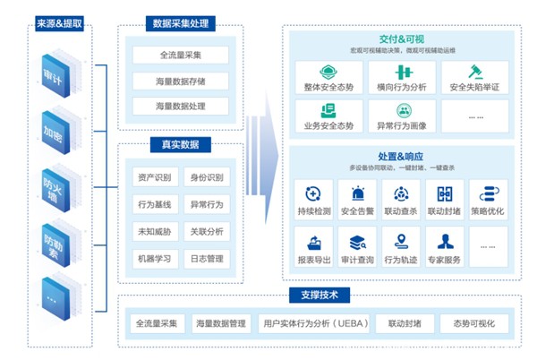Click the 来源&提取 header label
tap(60, 22)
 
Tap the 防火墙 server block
tap(60, 185)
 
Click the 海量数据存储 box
tap(180, 81)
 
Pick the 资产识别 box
tap(155, 176)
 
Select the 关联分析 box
tap(206, 231)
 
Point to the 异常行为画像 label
tap(402, 125)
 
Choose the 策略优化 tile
tap(488, 200)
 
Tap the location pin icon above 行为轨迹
tap(401, 241)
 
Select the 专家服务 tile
tap(444, 248)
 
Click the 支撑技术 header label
tap(320, 295)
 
